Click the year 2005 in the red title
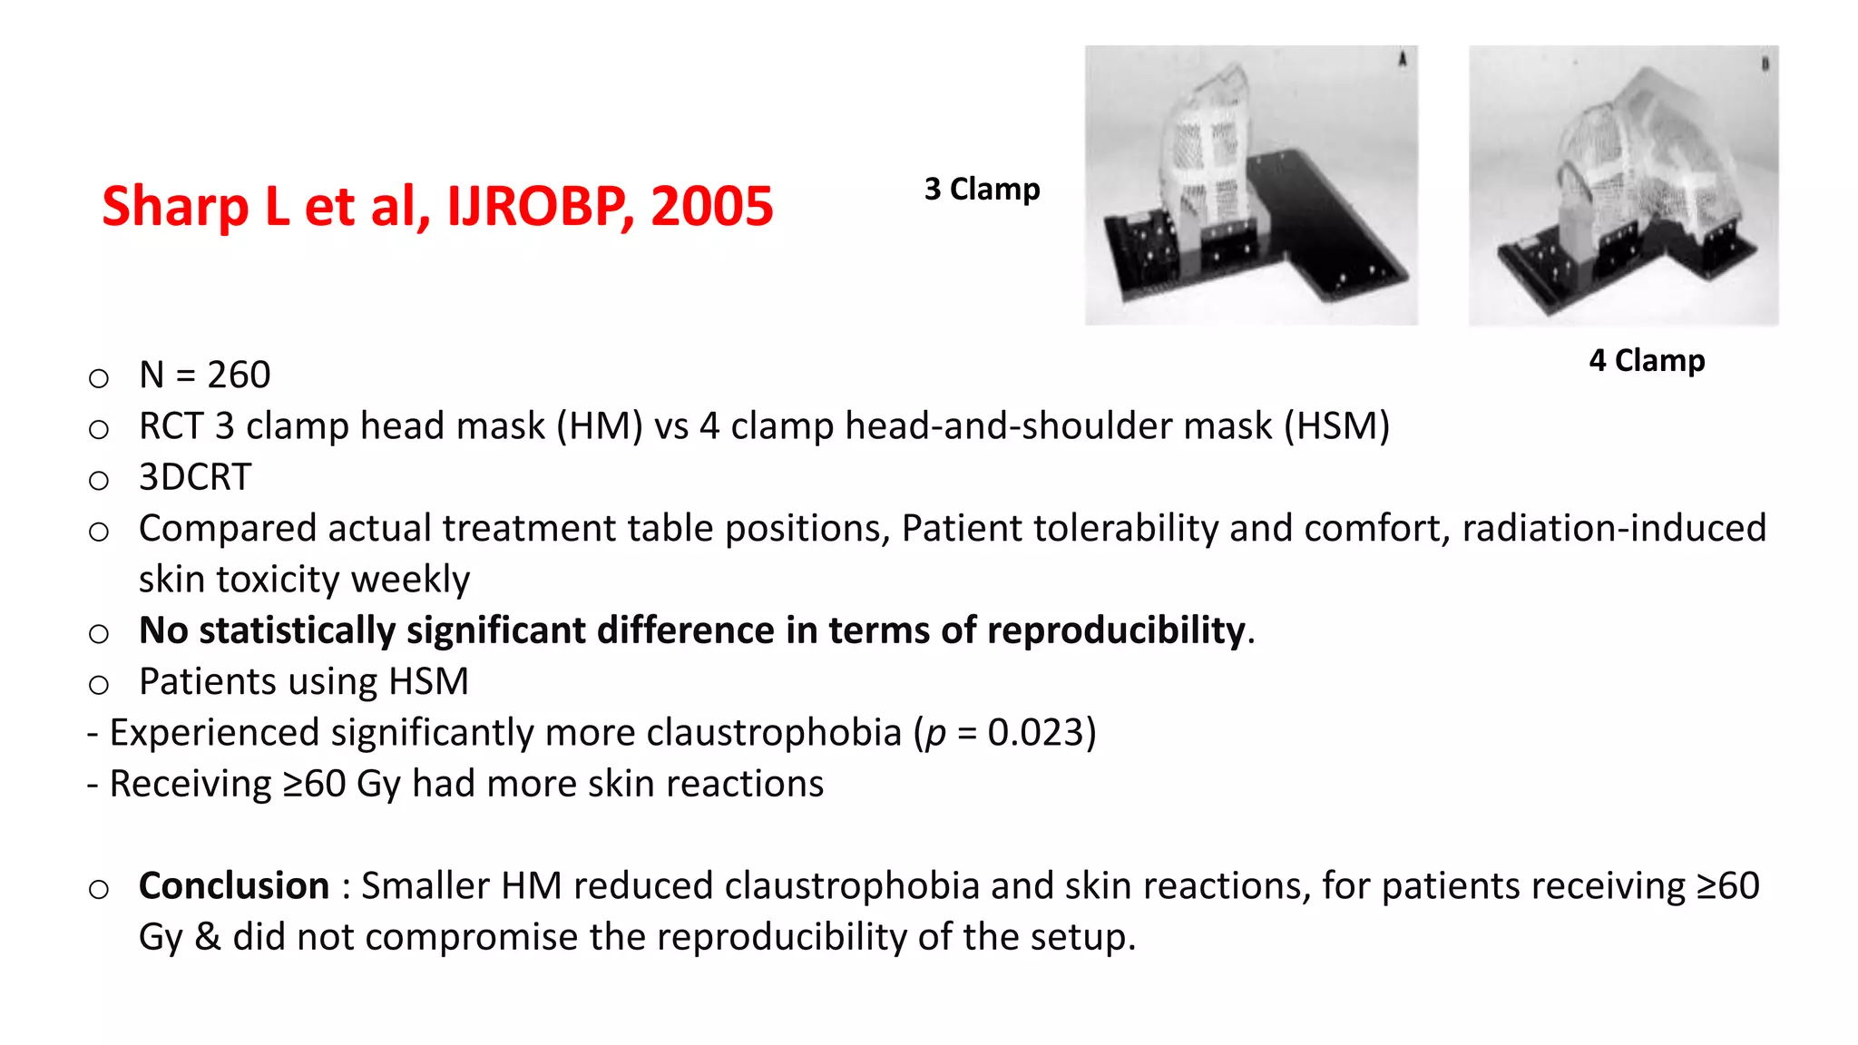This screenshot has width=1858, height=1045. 711,206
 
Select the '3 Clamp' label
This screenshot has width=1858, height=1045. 982,190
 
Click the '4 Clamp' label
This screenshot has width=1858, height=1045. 1647,361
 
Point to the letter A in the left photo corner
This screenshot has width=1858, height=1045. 1402,60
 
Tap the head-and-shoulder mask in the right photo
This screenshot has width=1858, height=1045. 1633,163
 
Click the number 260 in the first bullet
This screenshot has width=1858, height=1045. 239,376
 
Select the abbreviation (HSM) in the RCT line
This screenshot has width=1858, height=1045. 1336,426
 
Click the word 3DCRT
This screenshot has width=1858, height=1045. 195,477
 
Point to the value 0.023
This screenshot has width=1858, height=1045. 1035,733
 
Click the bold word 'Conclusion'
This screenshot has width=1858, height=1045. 234,886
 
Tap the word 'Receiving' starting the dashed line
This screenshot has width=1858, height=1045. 190,785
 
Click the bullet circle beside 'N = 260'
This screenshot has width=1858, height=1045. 99,377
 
